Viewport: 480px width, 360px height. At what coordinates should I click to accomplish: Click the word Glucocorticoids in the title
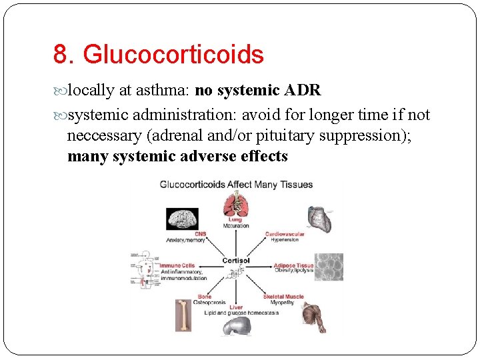coord(175,55)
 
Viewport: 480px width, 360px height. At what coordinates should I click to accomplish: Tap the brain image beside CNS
coord(182,219)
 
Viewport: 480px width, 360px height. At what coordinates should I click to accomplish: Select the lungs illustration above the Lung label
coord(235,204)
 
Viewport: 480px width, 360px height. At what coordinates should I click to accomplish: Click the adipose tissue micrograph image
coord(329,267)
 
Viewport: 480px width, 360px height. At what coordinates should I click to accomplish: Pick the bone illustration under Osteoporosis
coord(183,315)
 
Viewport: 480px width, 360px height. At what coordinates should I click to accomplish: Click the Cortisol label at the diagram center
coord(235,261)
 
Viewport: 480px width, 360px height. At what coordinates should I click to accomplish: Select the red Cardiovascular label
coord(285,234)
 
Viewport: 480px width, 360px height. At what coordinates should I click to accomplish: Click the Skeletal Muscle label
coord(283,296)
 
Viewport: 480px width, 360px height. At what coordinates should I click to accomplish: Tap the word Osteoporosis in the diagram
coord(211,302)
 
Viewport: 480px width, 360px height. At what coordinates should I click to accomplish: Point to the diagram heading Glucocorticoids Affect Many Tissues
coord(236,184)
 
